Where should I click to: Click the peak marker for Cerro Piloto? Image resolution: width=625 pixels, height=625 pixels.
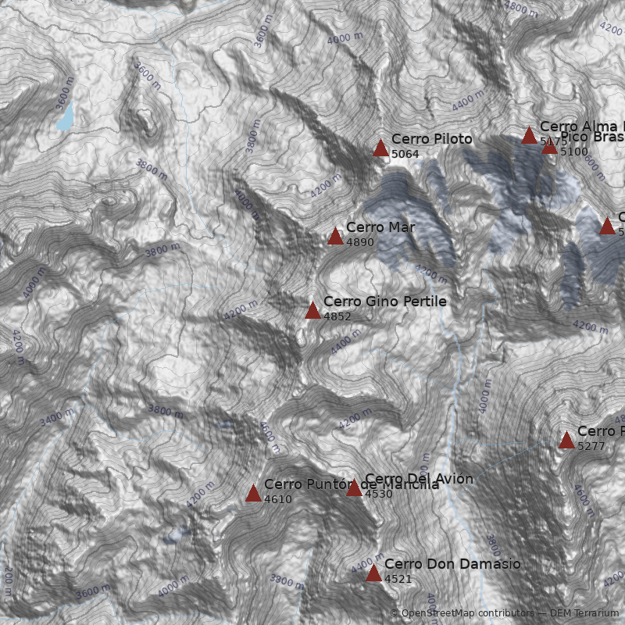click(x=380, y=148)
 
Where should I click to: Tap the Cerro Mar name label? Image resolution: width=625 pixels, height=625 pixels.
click(x=380, y=227)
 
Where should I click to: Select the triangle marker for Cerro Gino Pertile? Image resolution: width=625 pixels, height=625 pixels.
click(x=312, y=310)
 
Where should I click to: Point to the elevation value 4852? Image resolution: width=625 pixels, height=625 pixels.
click(x=337, y=316)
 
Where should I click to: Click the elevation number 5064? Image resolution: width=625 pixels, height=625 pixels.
click(x=405, y=154)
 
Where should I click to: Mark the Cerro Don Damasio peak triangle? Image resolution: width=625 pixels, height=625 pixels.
click(x=373, y=573)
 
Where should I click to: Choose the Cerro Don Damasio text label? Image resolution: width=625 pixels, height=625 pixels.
click(x=452, y=564)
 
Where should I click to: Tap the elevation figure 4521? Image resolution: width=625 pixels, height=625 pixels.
click(x=398, y=579)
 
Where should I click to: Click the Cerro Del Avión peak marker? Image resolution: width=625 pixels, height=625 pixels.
click(x=354, y=488)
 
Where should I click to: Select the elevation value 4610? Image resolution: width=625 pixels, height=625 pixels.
click(x=277, y=499)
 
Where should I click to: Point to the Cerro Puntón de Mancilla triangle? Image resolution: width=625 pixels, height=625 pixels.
click(x=253, y=493)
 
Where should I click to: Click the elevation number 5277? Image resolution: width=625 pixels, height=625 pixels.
click(x=591, y=446)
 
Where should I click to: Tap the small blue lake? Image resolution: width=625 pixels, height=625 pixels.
click(x=65, y=116)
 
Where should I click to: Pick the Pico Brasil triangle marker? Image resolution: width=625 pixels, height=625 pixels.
click(x=549, y=146)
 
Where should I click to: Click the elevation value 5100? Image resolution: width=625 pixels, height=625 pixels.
click(x=573, y=152)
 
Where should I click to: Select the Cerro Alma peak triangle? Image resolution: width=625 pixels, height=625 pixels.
click(x=529, y=135)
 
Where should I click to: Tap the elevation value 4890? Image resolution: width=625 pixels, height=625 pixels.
click(x=360, y=242)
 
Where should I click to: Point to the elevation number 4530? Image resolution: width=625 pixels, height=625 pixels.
click(x=378, y=494)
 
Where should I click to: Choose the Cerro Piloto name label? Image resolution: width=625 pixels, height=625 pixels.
click(x=431, y=139)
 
